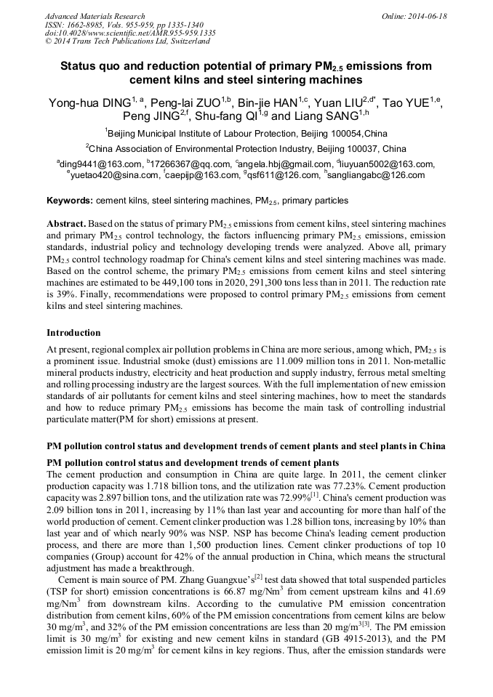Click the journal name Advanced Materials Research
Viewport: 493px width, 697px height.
coord(95,16)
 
